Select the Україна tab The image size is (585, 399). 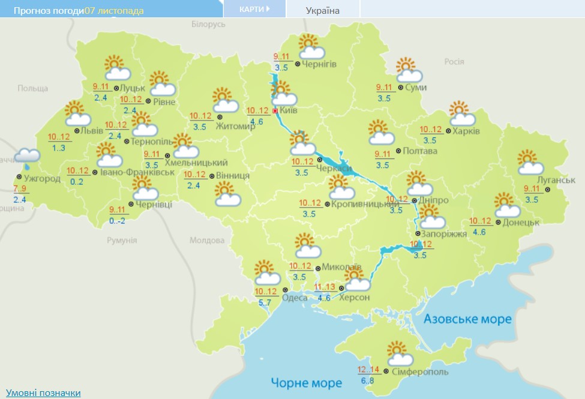coord(322,10)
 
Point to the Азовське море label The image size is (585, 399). coord(467,319)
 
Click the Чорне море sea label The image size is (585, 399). coord(306,382)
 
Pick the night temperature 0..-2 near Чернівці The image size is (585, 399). coord(118,221)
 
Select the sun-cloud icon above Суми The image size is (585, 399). coord(409,70)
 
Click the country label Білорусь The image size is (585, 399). coord(208,24)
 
